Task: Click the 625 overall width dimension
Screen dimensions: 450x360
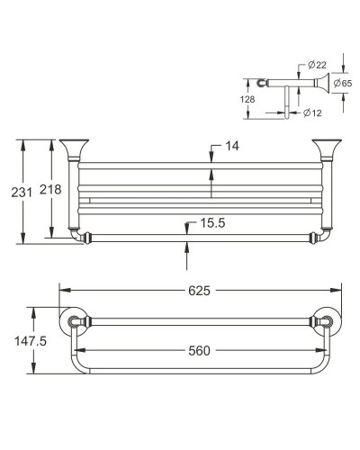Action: point(199,290)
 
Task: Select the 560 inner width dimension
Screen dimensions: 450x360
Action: point(200,352)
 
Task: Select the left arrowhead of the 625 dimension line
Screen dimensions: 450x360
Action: point(64,290)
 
